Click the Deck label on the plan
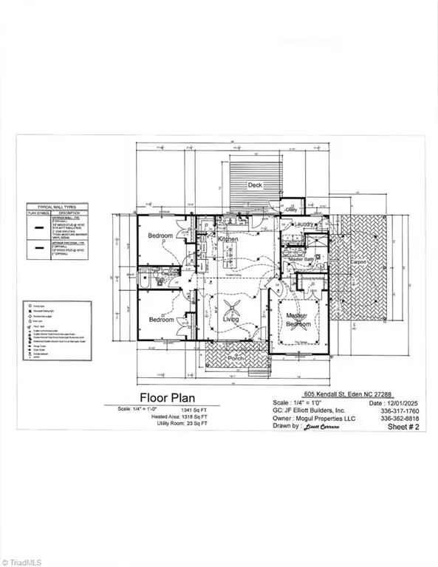click(x=255, y=185)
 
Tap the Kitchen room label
click(x=228, y=240)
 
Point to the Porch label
click(x=236, y=359)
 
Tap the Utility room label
click(x=291, y=210)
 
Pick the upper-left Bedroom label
click(x=160, y=236)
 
